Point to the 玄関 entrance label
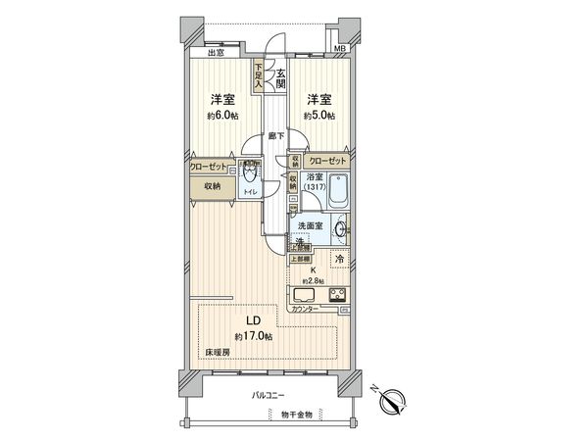pyautogui.click(x=281, y=77)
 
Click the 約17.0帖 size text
pyautogui.click(x=246, y=334)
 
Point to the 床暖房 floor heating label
pyautogui.click(x=217, y=351)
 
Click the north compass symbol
pyautogui.click(x=392, y=399)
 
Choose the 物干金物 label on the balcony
pyautogui.click(x=294, y=416)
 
